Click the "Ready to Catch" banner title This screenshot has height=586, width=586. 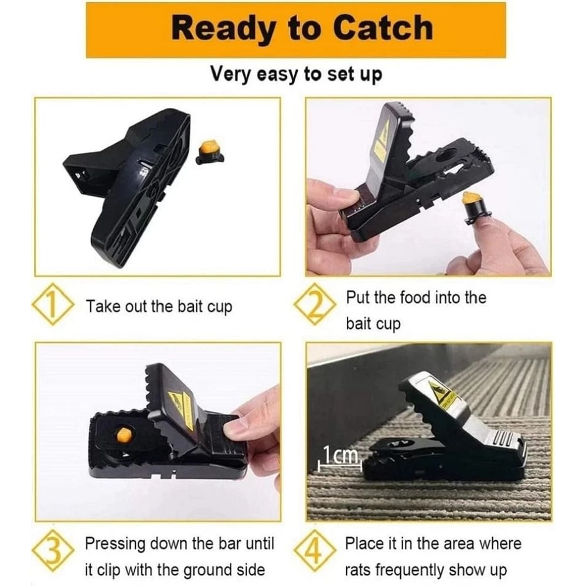pyautogui.click(x=296, y=29)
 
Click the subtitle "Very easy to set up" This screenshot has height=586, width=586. pyautogui.click(x=296, y=74)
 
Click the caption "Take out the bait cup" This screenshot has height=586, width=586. pyautogui.click(x=159, y=306)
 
